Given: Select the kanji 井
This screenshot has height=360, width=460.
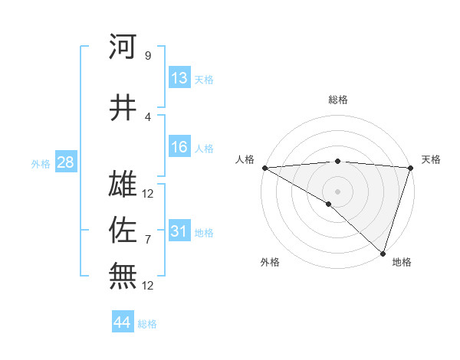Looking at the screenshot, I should (123, 107).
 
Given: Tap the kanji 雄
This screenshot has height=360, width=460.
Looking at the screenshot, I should (123, 184).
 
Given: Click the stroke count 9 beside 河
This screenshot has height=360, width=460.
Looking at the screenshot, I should (147, 55).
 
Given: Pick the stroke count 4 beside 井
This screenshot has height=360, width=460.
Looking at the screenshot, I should (147, 116).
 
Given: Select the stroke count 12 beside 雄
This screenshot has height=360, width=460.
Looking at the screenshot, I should (148, 193).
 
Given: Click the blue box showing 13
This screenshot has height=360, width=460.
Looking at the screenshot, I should (179, 78).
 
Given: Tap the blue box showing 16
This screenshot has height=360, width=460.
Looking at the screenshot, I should (179, 147).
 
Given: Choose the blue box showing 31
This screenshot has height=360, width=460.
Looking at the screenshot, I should (179, 231).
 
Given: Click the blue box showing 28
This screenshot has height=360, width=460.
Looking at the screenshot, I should (65, 162).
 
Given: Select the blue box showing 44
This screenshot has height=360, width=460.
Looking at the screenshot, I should (123, 322).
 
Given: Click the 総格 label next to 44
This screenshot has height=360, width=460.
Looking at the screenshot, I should (147, 324).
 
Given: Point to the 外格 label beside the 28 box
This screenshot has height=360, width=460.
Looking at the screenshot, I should (41, 163).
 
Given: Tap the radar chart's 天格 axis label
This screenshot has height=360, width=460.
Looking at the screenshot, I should (431, 159).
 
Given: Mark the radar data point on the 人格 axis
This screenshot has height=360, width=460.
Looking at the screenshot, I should (264, 168).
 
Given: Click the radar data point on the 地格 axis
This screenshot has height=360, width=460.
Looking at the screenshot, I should (383, 253).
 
